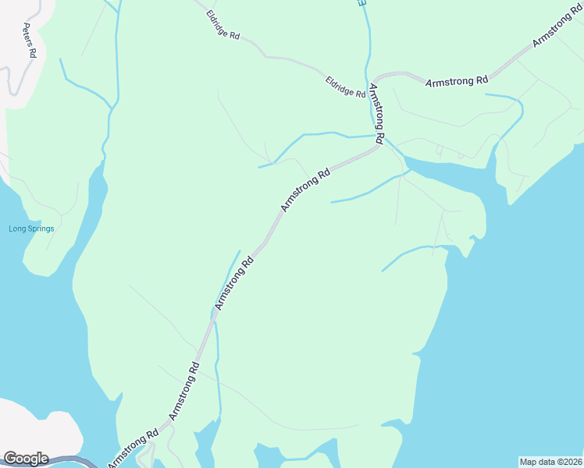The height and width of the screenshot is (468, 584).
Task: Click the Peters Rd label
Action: tap(30, 41)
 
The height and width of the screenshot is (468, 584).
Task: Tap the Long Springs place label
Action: tap(31, 229)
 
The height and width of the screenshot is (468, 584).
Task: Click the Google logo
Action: tap(25, 459)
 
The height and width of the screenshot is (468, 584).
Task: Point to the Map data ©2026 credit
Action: tap(551, 461)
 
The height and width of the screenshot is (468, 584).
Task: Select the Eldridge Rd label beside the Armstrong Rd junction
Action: tap(345, 87)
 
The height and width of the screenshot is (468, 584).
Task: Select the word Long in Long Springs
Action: tap(16, 229)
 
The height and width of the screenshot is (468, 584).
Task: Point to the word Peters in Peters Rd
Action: tap(28, 36)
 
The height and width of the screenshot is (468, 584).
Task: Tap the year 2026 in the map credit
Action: tap(572, 461)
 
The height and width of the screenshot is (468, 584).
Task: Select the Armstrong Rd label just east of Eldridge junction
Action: tap(457, 80)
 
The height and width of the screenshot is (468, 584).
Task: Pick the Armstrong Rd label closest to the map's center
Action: tap(305, 189)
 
